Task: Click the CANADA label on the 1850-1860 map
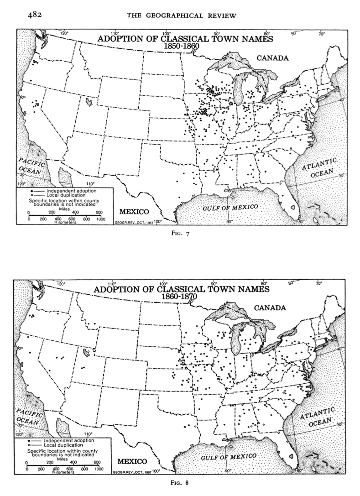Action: click(272, 58)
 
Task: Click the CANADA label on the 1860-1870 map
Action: click(270, 308)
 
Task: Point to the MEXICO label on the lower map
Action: click(132, 461)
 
